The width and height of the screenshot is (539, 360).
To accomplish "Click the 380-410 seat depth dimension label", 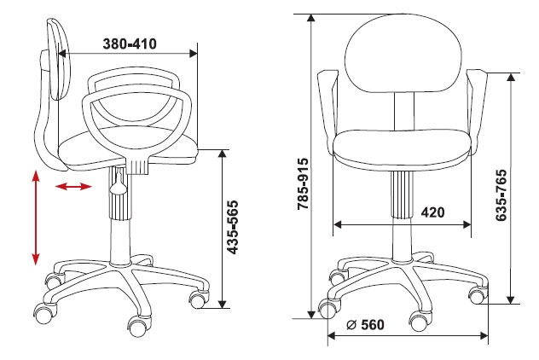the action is point(130,44).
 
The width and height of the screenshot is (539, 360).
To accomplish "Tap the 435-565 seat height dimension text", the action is point(233,228).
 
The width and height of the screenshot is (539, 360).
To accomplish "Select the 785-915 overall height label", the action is point(304,184).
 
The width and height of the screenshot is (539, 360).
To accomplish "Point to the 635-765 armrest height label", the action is point(501,195).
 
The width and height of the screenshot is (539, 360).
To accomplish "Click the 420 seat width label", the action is point(432,212).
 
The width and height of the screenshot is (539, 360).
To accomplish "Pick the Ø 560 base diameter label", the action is point(365,324).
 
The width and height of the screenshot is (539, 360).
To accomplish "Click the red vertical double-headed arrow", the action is point(36,218).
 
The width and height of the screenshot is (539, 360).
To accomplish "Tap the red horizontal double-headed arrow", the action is point(73,187).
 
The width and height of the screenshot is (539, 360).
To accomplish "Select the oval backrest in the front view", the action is point(403,53).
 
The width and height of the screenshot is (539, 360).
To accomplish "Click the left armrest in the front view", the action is point(327,110).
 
